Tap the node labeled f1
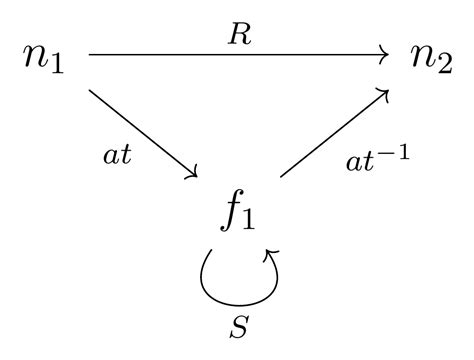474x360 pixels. pyautogui.click(x=239, y=213)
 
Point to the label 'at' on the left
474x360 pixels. pyautogui.click(x=118, y=157)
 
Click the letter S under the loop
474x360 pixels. pyautogui.click(x=239, y=326)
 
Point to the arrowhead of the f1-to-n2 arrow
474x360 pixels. pyautogui.click(x=384, y=93)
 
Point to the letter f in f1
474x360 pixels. pyautogui.click(x=230, y=211)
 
